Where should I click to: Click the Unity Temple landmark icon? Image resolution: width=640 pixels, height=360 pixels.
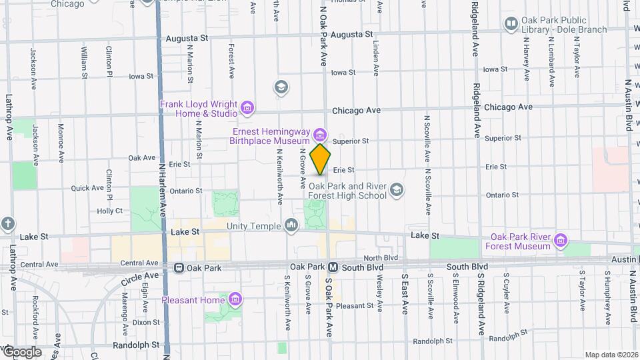291,226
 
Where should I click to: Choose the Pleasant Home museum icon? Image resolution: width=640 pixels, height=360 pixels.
234,299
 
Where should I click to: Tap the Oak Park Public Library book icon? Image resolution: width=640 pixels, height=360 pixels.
511,25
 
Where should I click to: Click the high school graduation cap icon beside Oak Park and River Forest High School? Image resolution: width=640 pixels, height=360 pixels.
397,191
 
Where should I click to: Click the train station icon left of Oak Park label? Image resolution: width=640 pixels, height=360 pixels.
179,267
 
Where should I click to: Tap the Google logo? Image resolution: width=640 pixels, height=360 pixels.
21,351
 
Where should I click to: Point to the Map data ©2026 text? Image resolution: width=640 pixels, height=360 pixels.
611,355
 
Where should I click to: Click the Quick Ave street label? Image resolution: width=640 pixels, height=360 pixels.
88,188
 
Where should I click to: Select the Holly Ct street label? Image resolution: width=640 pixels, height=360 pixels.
109,211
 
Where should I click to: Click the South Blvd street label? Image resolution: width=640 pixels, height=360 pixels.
467,267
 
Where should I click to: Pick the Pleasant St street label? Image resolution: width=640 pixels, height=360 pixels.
355,305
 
